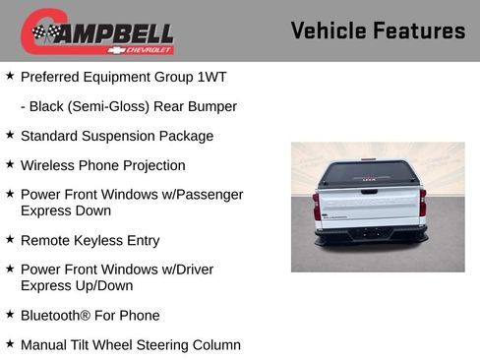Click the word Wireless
[x=50, y=165]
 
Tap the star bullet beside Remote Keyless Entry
[x=9, y=239]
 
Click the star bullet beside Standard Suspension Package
[x=9, y=135]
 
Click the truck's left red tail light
[x=317, y=208]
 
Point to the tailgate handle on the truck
[x=370, y=191]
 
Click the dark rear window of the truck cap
[x=370, y=174]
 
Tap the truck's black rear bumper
[x=370, y=234]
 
